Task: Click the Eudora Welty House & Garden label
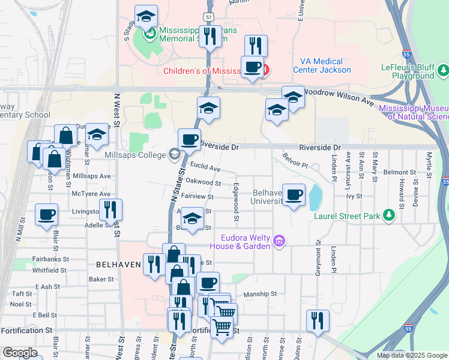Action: [240, 242]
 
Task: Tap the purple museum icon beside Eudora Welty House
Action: [279, 242]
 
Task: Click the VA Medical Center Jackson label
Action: [322, 65]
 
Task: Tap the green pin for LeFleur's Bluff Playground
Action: [442, 72]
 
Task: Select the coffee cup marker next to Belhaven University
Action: [294, 194]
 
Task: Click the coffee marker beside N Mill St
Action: [46, 214]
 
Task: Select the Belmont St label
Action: [400, 172]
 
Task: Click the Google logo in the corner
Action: [20, 353]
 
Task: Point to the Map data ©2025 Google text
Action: [411, 355]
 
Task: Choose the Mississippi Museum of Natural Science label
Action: [414, 112]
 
